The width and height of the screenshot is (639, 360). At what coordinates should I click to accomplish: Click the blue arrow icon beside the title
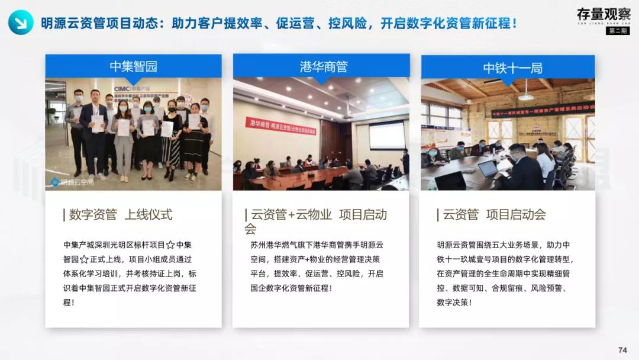point(21,23)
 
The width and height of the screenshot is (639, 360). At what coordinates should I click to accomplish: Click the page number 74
point(622,350)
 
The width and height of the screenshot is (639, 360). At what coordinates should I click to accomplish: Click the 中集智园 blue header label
point(134,66)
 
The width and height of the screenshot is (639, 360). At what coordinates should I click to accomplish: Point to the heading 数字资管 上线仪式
point(121,215)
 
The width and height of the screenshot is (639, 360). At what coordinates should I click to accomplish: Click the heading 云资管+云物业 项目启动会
point(318,221)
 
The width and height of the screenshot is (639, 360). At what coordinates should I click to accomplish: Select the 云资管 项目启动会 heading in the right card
point(495,215)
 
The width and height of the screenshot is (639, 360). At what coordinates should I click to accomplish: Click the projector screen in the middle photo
point(387,134)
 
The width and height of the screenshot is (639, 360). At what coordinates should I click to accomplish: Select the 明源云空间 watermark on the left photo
point(72,182)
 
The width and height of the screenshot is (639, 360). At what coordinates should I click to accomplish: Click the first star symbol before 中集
point(170,245)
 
